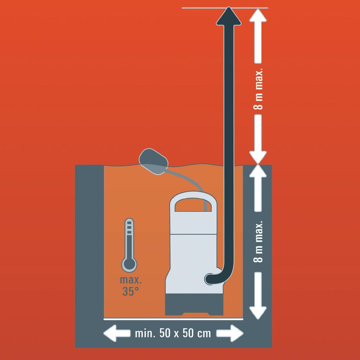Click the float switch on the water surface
tap(153, 161)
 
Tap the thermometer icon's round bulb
tap(129, 265)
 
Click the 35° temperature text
tap(131, 291)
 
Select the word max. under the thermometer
tap(131, 280)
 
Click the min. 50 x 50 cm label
tap(173, 333)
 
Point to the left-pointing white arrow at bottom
tap(117, 333)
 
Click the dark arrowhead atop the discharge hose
tap(229, 16)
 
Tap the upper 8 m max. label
tap(258, 89)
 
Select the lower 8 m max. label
tap(258, 242)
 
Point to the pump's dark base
tap(194, 305)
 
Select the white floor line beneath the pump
tap(173, 319)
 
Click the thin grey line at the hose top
tap(225, 8)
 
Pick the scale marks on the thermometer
tap(129, 228)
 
